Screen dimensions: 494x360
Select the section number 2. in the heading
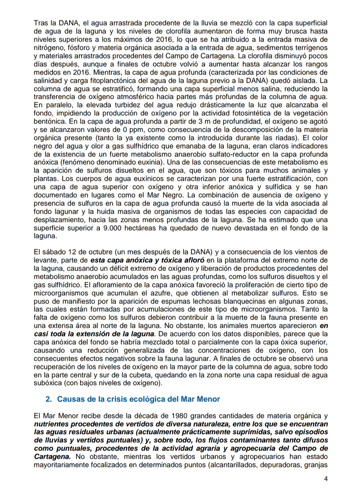[x=49, y=399]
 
